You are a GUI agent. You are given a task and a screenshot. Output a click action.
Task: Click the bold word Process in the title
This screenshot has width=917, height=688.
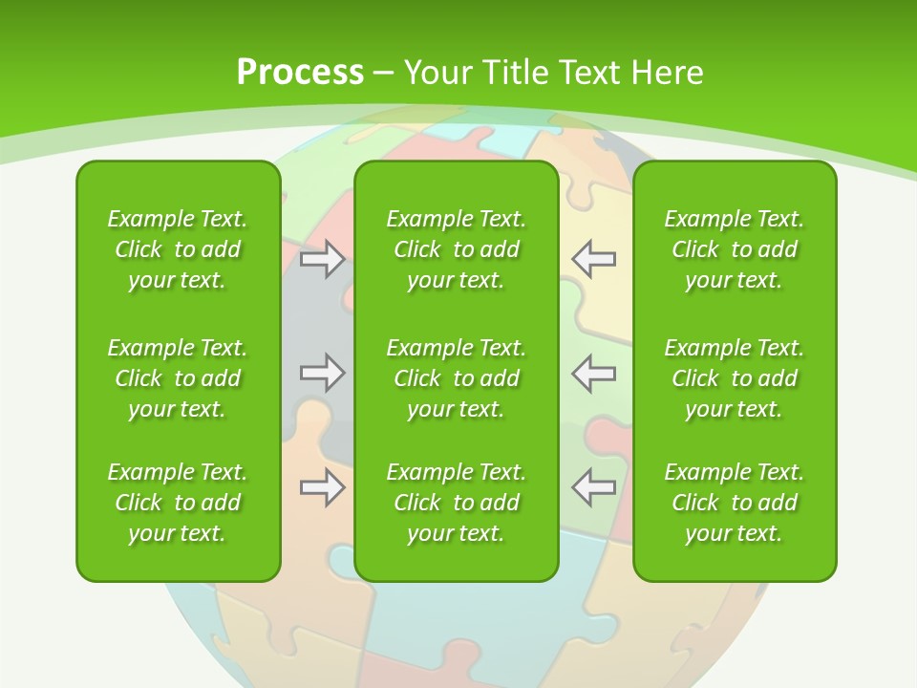[300, 73]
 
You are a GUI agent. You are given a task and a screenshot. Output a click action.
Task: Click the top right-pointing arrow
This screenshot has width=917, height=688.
[322, 259]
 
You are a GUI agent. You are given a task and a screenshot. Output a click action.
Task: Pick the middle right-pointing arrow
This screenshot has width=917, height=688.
[322, 373]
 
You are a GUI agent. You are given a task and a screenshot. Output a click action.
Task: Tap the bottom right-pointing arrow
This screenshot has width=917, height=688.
[322, 487]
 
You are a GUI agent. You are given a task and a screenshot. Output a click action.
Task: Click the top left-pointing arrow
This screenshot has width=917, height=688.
[594, 259]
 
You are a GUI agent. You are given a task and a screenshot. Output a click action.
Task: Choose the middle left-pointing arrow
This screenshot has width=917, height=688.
[594, 373]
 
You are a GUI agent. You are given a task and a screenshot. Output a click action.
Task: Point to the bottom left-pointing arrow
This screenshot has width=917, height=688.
[594, 487]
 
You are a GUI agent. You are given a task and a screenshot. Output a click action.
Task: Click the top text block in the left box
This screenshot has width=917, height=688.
[178, 249]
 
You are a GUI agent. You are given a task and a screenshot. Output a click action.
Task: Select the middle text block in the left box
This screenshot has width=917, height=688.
[178, 378]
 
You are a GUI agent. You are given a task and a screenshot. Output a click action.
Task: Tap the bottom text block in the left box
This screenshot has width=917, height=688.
[178, 503]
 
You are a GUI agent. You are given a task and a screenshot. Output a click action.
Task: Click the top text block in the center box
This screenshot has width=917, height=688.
[456, 249]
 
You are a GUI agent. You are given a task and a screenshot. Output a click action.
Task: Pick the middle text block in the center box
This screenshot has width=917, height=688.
[456, 378]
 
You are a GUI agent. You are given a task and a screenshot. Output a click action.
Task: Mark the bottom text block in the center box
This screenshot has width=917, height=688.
[456, 503]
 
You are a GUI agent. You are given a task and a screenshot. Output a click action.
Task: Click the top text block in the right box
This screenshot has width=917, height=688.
[734, 249]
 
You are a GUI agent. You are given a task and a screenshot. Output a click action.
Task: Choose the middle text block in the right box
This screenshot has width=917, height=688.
[734, 378]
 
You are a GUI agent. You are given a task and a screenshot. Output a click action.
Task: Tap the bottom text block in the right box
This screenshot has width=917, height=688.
[734, 503]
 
